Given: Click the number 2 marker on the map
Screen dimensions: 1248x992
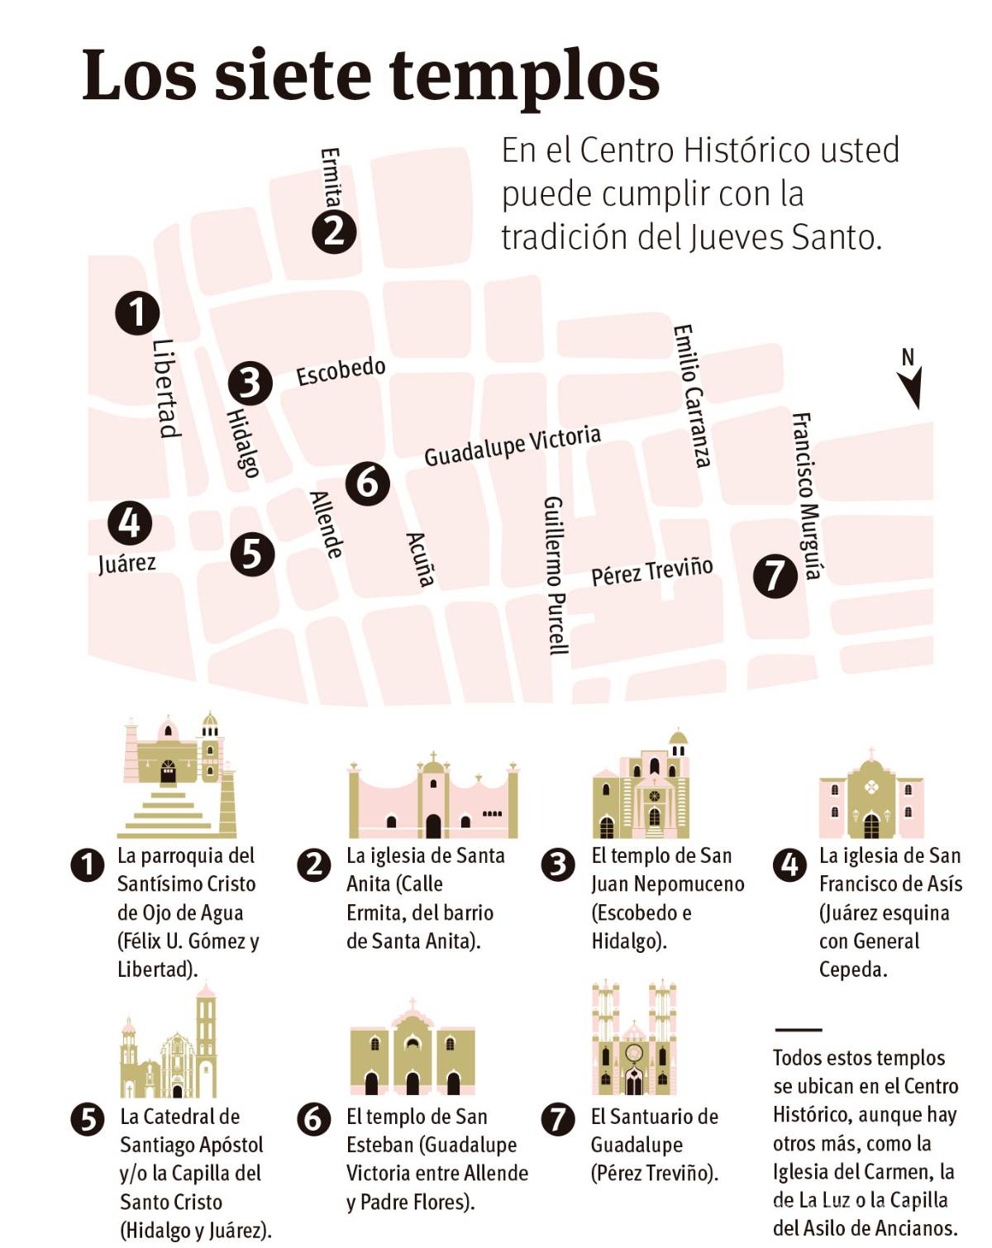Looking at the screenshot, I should click(334, 231).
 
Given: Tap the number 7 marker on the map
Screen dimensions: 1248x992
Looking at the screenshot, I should click(775, 574).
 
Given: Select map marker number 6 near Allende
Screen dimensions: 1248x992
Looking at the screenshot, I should click(367, 481).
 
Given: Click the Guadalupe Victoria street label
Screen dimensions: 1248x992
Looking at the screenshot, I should click(513, 446).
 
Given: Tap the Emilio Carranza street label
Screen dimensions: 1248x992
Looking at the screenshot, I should click(692, 395).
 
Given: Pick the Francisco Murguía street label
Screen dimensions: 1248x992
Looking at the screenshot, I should click(807, 496).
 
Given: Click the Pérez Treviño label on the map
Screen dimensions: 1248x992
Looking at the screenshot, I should click(651, 571).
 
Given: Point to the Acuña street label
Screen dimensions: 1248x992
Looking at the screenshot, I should click(421, 560).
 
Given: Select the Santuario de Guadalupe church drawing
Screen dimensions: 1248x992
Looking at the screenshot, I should click(634, 1038).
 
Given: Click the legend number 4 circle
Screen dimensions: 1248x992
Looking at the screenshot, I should click(790, 865).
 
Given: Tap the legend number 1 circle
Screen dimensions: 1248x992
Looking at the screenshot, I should click(88, 865).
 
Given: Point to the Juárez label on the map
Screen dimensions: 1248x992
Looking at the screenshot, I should click(126, 564).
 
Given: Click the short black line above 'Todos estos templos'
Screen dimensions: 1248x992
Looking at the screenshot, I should click(799, 1031).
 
